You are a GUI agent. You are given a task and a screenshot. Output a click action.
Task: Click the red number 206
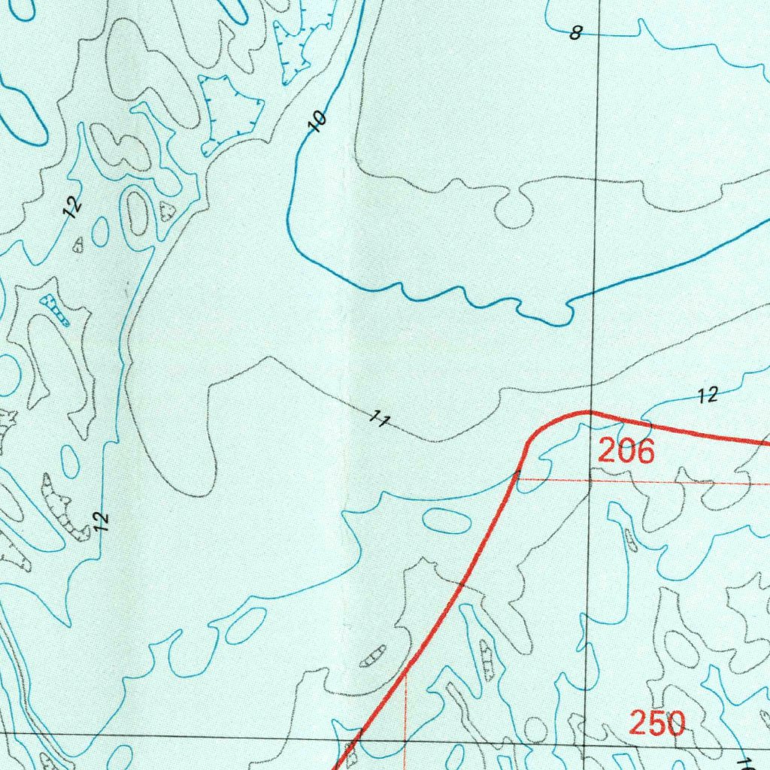(626, 452)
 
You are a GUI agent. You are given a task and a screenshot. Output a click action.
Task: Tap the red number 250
(657, 724)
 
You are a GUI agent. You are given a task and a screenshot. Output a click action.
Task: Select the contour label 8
(576, 33)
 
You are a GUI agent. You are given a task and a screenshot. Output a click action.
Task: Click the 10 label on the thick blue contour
(319, 120)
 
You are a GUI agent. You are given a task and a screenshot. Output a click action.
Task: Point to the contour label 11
(380, 420)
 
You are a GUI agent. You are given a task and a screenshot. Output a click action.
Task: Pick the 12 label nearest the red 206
(708, 394)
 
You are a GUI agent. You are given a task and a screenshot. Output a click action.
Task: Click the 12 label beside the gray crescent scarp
(103, 520)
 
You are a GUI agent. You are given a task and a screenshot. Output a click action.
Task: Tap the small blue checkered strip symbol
(56, 311)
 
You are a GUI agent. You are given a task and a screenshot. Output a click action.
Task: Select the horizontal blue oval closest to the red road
(447, 520)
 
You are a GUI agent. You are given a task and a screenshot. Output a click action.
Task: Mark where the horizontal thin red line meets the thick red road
(518, 478)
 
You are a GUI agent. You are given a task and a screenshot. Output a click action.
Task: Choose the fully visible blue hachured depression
(233, 113)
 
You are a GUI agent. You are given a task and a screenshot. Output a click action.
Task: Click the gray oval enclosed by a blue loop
(137, 213)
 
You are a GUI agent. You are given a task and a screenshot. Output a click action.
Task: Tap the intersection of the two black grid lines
(586, 740)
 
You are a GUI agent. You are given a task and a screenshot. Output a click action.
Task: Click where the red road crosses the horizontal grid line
(360, 735)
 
